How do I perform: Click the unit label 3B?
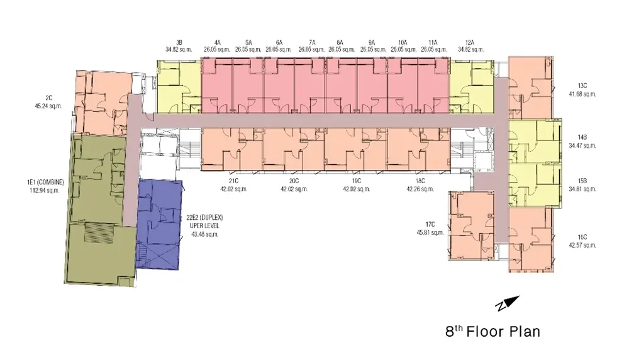(x=179, y=42)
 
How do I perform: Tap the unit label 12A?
(x=470, y=42)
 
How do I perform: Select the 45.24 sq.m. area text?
(x=48, y=106)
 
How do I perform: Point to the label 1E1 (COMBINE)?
(x=45, y=183)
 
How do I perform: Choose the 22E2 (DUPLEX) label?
(x=204, y=218)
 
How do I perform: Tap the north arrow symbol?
(x=508, y=303)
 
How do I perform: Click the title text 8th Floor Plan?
(x=493, y=332)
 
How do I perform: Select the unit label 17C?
(x=430, y=225)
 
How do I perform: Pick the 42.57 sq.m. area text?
(x=582, y=245)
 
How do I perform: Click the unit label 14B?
(x=582, y=137)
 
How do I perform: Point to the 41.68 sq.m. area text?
(x=582, y=94)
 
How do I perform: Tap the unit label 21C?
(x=233, y=181)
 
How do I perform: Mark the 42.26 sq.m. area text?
(x=420, y=189)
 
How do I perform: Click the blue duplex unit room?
(x=159, y=224)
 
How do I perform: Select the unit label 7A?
(x=312, y=42)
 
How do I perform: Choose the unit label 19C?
(x=356, y=181)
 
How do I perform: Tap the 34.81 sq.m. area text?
(x=582, y=189)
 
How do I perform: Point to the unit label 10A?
(x=403, y=42)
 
